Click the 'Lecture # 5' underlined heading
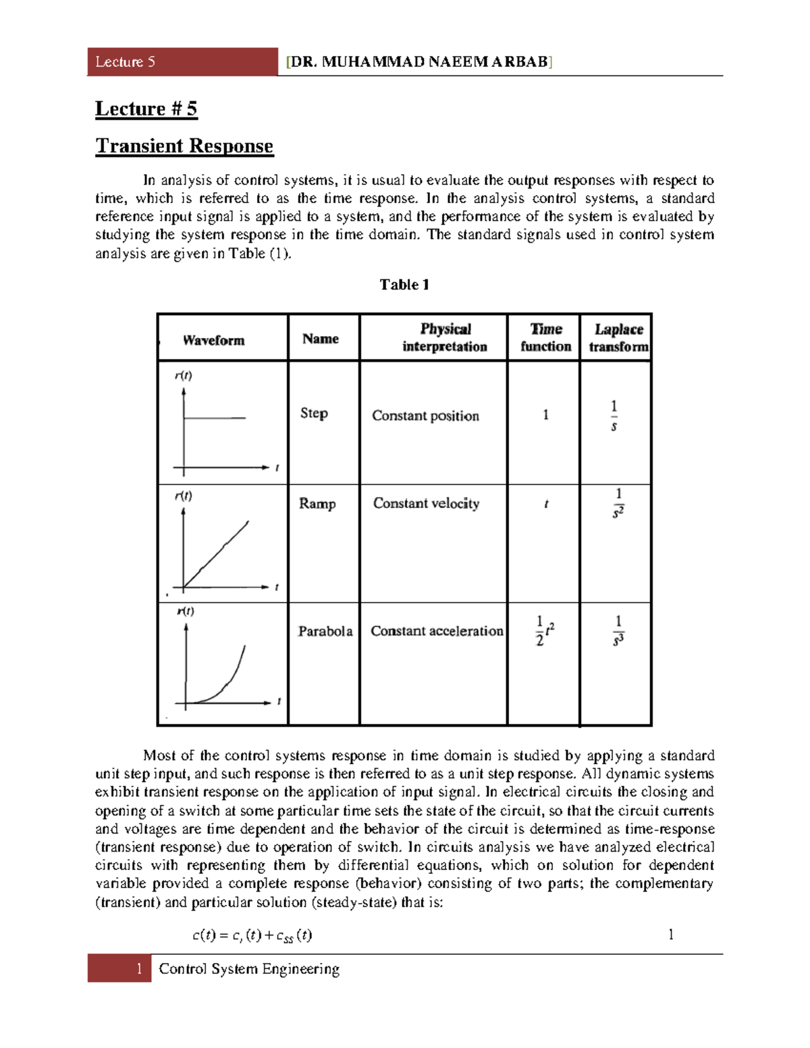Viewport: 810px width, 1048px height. pyautogui.click(x=146, y=109)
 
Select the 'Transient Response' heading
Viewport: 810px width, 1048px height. pyautogui.click(x=184, y=146)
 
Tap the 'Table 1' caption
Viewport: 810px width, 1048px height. pyautogui.click(x=404, y=285)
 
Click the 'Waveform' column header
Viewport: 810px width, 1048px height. pyautogui.click(x=213, y=340)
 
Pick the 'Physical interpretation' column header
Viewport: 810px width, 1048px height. pyautogui.click(x=445, y=337)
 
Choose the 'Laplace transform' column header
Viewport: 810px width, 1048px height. pyautogui.click(x=618, y=337)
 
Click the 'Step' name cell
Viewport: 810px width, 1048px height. pyautogui.click(x=314, y=413)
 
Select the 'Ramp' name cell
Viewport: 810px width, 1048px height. pyautogui.click(x=317, y=503)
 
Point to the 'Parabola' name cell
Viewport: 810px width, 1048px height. pyautogui.click(x=325, y=631)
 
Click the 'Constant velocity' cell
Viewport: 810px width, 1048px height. pyautogui.click(x=426, y=503)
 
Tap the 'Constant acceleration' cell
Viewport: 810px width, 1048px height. pyautogui.click(x=437, y=631)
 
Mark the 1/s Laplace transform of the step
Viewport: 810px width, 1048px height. pyautogui.click(x=614, y=416)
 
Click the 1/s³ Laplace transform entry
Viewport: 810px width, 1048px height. pyautogui.click(x=618, y=631)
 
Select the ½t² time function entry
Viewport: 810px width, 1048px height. pyautogui.click(x=545, y=630)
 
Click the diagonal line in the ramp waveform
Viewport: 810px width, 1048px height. pyautogui.click(x=216, y=555)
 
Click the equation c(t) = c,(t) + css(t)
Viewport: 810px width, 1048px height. pyautogui.click(x=252, y=935)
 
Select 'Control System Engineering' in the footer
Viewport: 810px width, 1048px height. pyautogui.click(x=249, y=969)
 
